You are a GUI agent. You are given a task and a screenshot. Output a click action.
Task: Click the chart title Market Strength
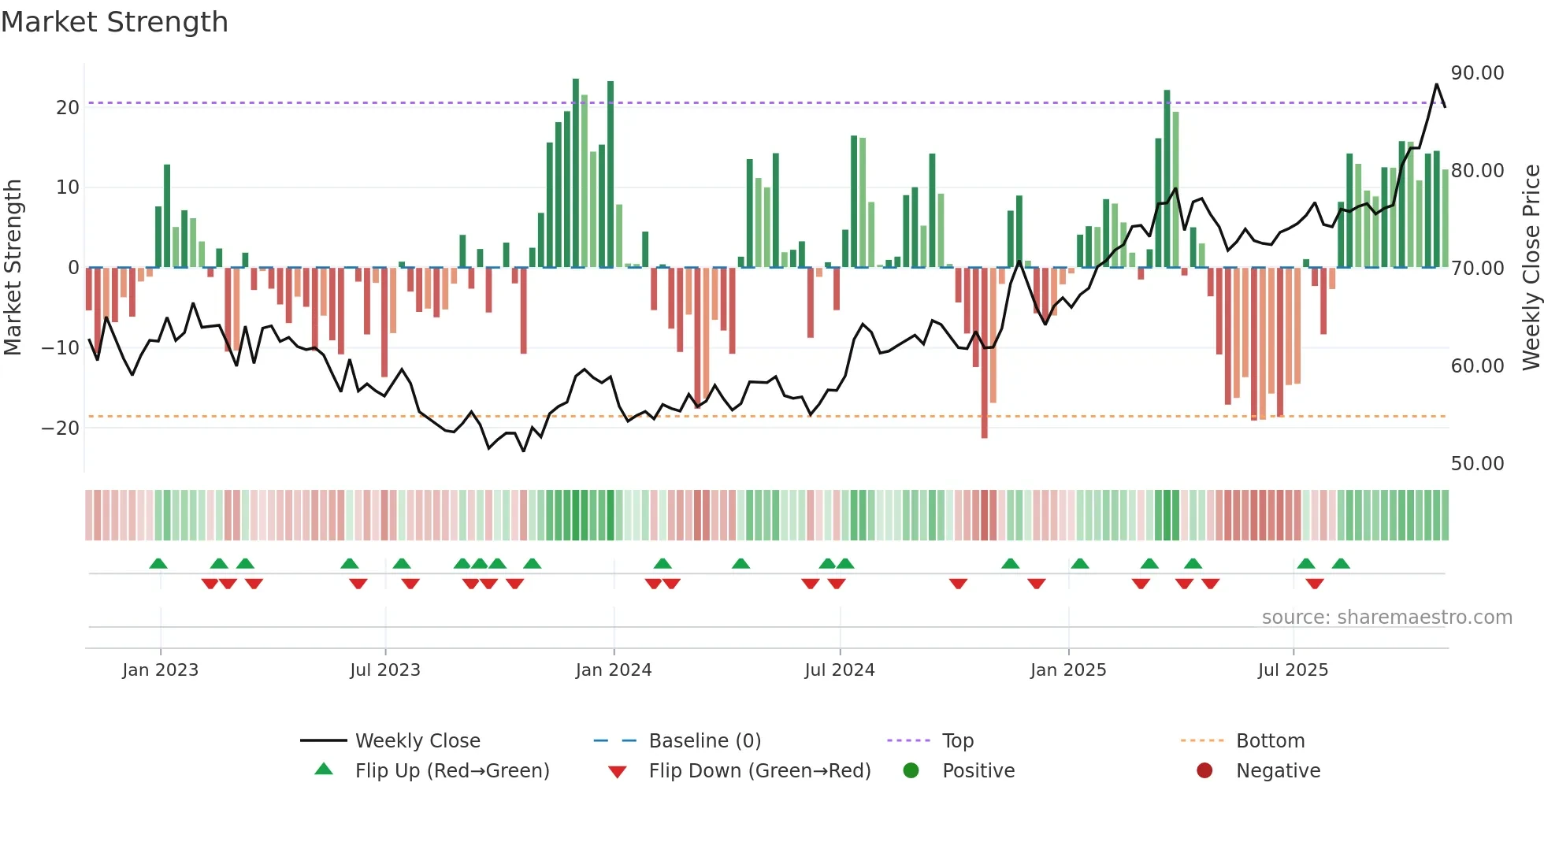tap(114, 22)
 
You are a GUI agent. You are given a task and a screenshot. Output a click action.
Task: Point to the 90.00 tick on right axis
tap(1477, 73)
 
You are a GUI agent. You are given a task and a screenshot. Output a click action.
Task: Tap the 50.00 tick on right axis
tap(1477, 464)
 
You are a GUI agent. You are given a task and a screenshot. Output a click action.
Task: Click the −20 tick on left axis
tap(61, 428)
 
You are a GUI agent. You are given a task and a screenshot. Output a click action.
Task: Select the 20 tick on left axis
tap(68, 108)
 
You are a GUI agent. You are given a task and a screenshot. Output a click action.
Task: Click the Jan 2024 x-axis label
tap(614, 670)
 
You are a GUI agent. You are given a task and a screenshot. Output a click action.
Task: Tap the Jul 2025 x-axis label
tap(1293, 670)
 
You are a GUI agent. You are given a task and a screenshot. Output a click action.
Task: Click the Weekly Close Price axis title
tap(1531, 268)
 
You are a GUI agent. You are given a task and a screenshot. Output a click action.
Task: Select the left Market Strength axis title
tap(13, 268)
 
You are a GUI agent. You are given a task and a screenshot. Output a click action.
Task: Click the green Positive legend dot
tap(911, 771)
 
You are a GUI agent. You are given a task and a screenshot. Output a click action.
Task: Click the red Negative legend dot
tap(1204, 771)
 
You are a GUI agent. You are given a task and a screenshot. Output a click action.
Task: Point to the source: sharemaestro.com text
tap(1386, 618)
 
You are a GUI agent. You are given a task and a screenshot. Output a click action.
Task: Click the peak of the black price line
tap(1436, 84)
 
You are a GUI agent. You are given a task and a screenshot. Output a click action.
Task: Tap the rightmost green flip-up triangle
tap(1341, 564)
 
